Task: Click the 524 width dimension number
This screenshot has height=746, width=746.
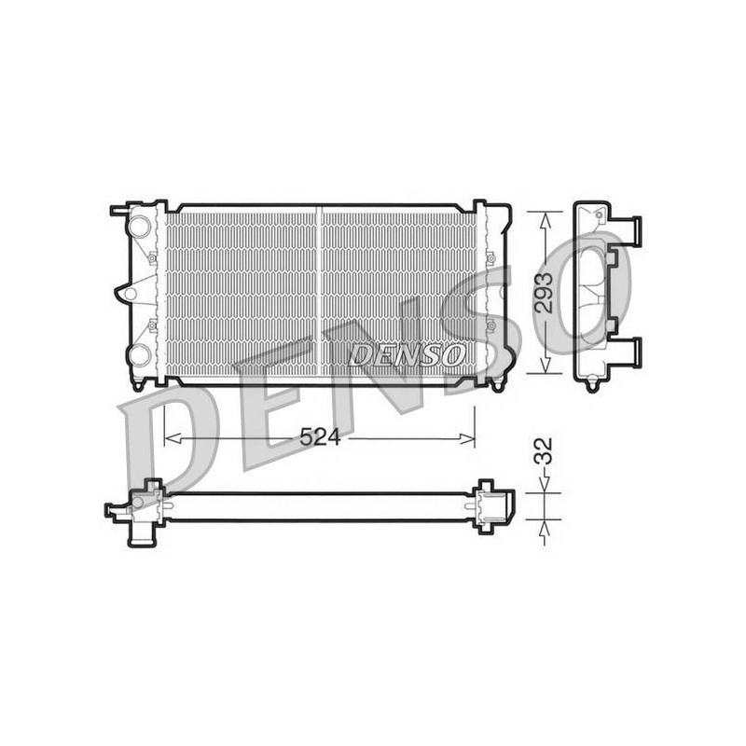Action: pos(320,437)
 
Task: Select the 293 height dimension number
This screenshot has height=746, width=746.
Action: pos(544,293)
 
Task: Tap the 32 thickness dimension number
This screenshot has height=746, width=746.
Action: pos(544,451)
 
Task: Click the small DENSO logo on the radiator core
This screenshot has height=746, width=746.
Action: pos(406,355)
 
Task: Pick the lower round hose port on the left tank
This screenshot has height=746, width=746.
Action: pos(139,355)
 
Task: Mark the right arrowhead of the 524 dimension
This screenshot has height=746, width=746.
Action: pos(467,438)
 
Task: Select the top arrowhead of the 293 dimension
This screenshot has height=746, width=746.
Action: pos(546,219)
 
